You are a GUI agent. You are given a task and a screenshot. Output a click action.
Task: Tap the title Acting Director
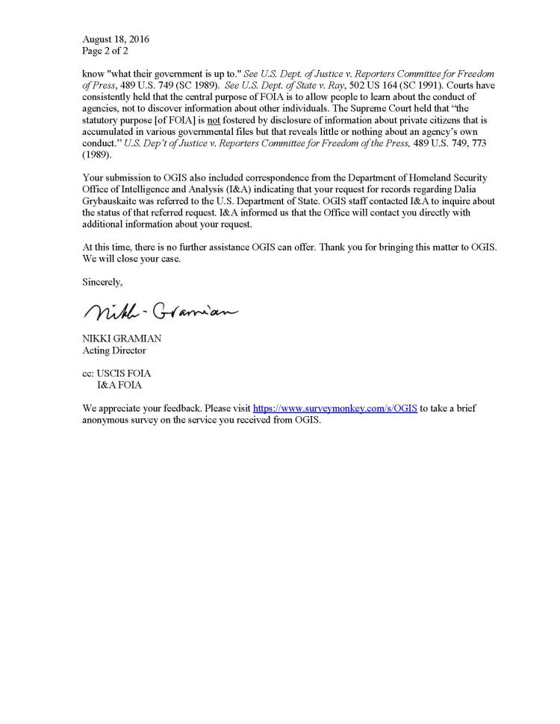(114, 350)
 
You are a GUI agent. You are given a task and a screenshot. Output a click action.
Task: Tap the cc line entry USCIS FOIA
(124, 374)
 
